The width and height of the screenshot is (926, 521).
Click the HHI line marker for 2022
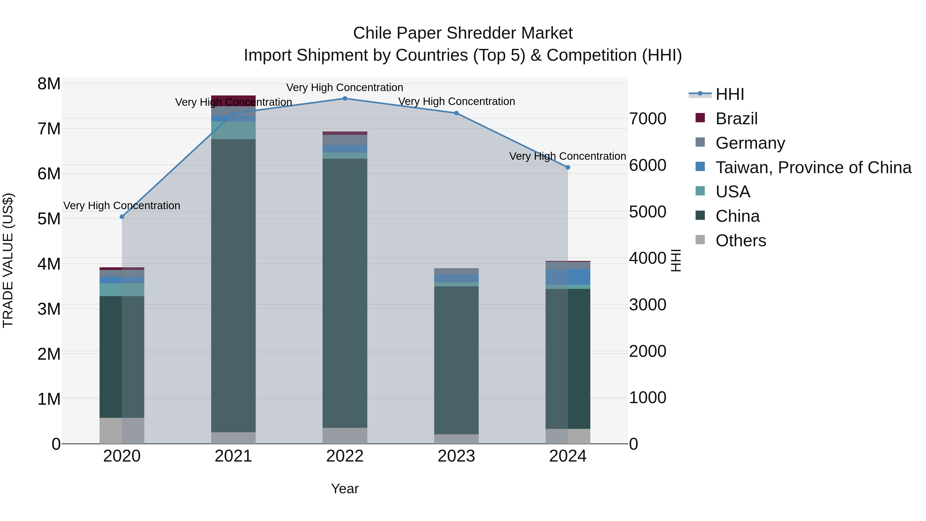345,99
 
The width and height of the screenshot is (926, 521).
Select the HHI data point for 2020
122,217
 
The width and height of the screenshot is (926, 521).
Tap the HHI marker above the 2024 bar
568,167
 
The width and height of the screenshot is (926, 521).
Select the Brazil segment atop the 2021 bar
233,101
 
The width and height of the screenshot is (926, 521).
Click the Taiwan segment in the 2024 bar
568,277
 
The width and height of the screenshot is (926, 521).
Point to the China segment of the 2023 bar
456,360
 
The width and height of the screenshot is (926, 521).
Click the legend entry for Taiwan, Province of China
813,167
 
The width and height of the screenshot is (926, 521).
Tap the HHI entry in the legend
729,94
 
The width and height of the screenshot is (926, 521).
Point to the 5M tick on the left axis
49,219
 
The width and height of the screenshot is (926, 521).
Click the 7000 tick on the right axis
648,119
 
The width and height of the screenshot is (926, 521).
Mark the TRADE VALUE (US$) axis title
8,260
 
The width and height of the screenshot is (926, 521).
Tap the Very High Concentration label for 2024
568,156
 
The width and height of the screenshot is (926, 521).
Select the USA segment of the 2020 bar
122,290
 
